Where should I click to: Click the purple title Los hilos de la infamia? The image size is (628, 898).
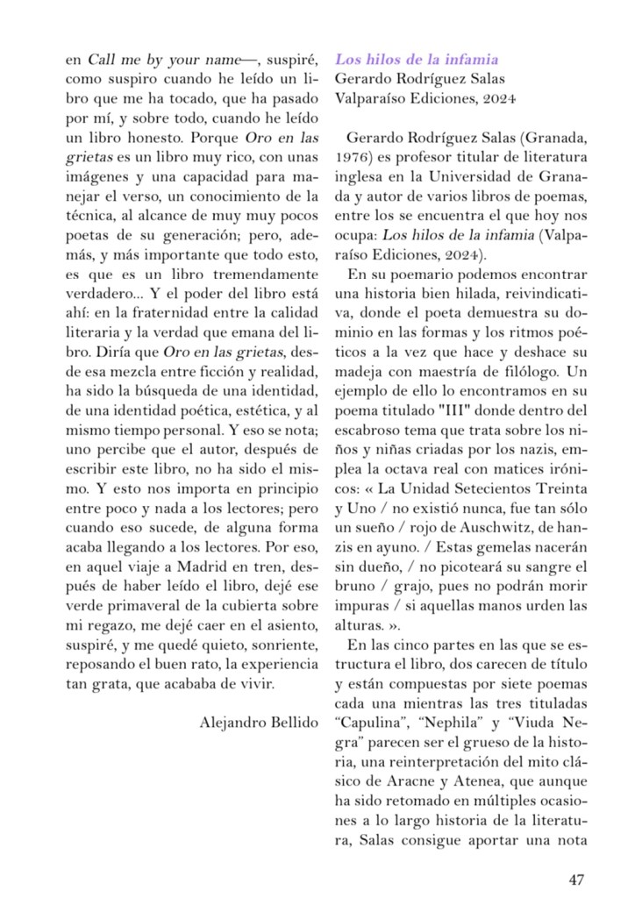click(x=417, y=60)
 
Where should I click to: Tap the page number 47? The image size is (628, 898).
click(x=576, y=880)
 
